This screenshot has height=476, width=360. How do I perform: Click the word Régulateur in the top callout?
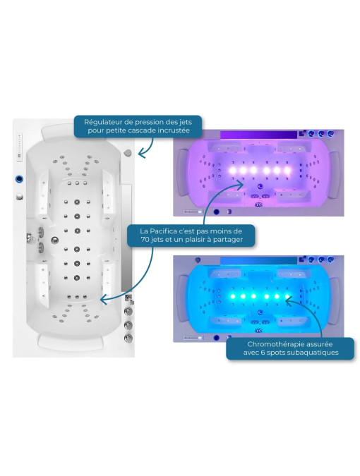pyautogui.click(x=99, y=122)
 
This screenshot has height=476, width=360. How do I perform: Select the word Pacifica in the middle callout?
pyautogui.click(x=164, y=231)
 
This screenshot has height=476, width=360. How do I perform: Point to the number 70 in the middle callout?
pyautogui.click(x=145, y=240)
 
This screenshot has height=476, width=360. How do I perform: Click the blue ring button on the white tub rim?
pyautogui.click(x=20, y=179)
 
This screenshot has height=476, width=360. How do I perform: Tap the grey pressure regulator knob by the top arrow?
pyautogui.click(x=128, y=153)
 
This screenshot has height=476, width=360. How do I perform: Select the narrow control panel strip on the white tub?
pyautogui.click(x=20, y=147)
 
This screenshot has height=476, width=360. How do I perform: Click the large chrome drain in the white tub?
pyautogui.click(x=54, y=240)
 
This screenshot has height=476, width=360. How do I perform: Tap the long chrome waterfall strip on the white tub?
pyautogui.click(x=126, y=238)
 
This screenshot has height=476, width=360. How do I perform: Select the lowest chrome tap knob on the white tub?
pyautogui.click(x=128, y=338)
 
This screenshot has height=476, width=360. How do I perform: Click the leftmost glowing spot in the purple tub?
pyautogui.click(x=232, y=171)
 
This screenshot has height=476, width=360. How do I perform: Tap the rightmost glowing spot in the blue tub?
pyautogui.click(x=287, y=296)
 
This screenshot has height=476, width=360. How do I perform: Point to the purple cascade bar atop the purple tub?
pyautogui.click(x=258, y=135)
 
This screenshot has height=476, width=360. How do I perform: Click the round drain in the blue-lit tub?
pyautogui.click(x=260, y=312)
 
